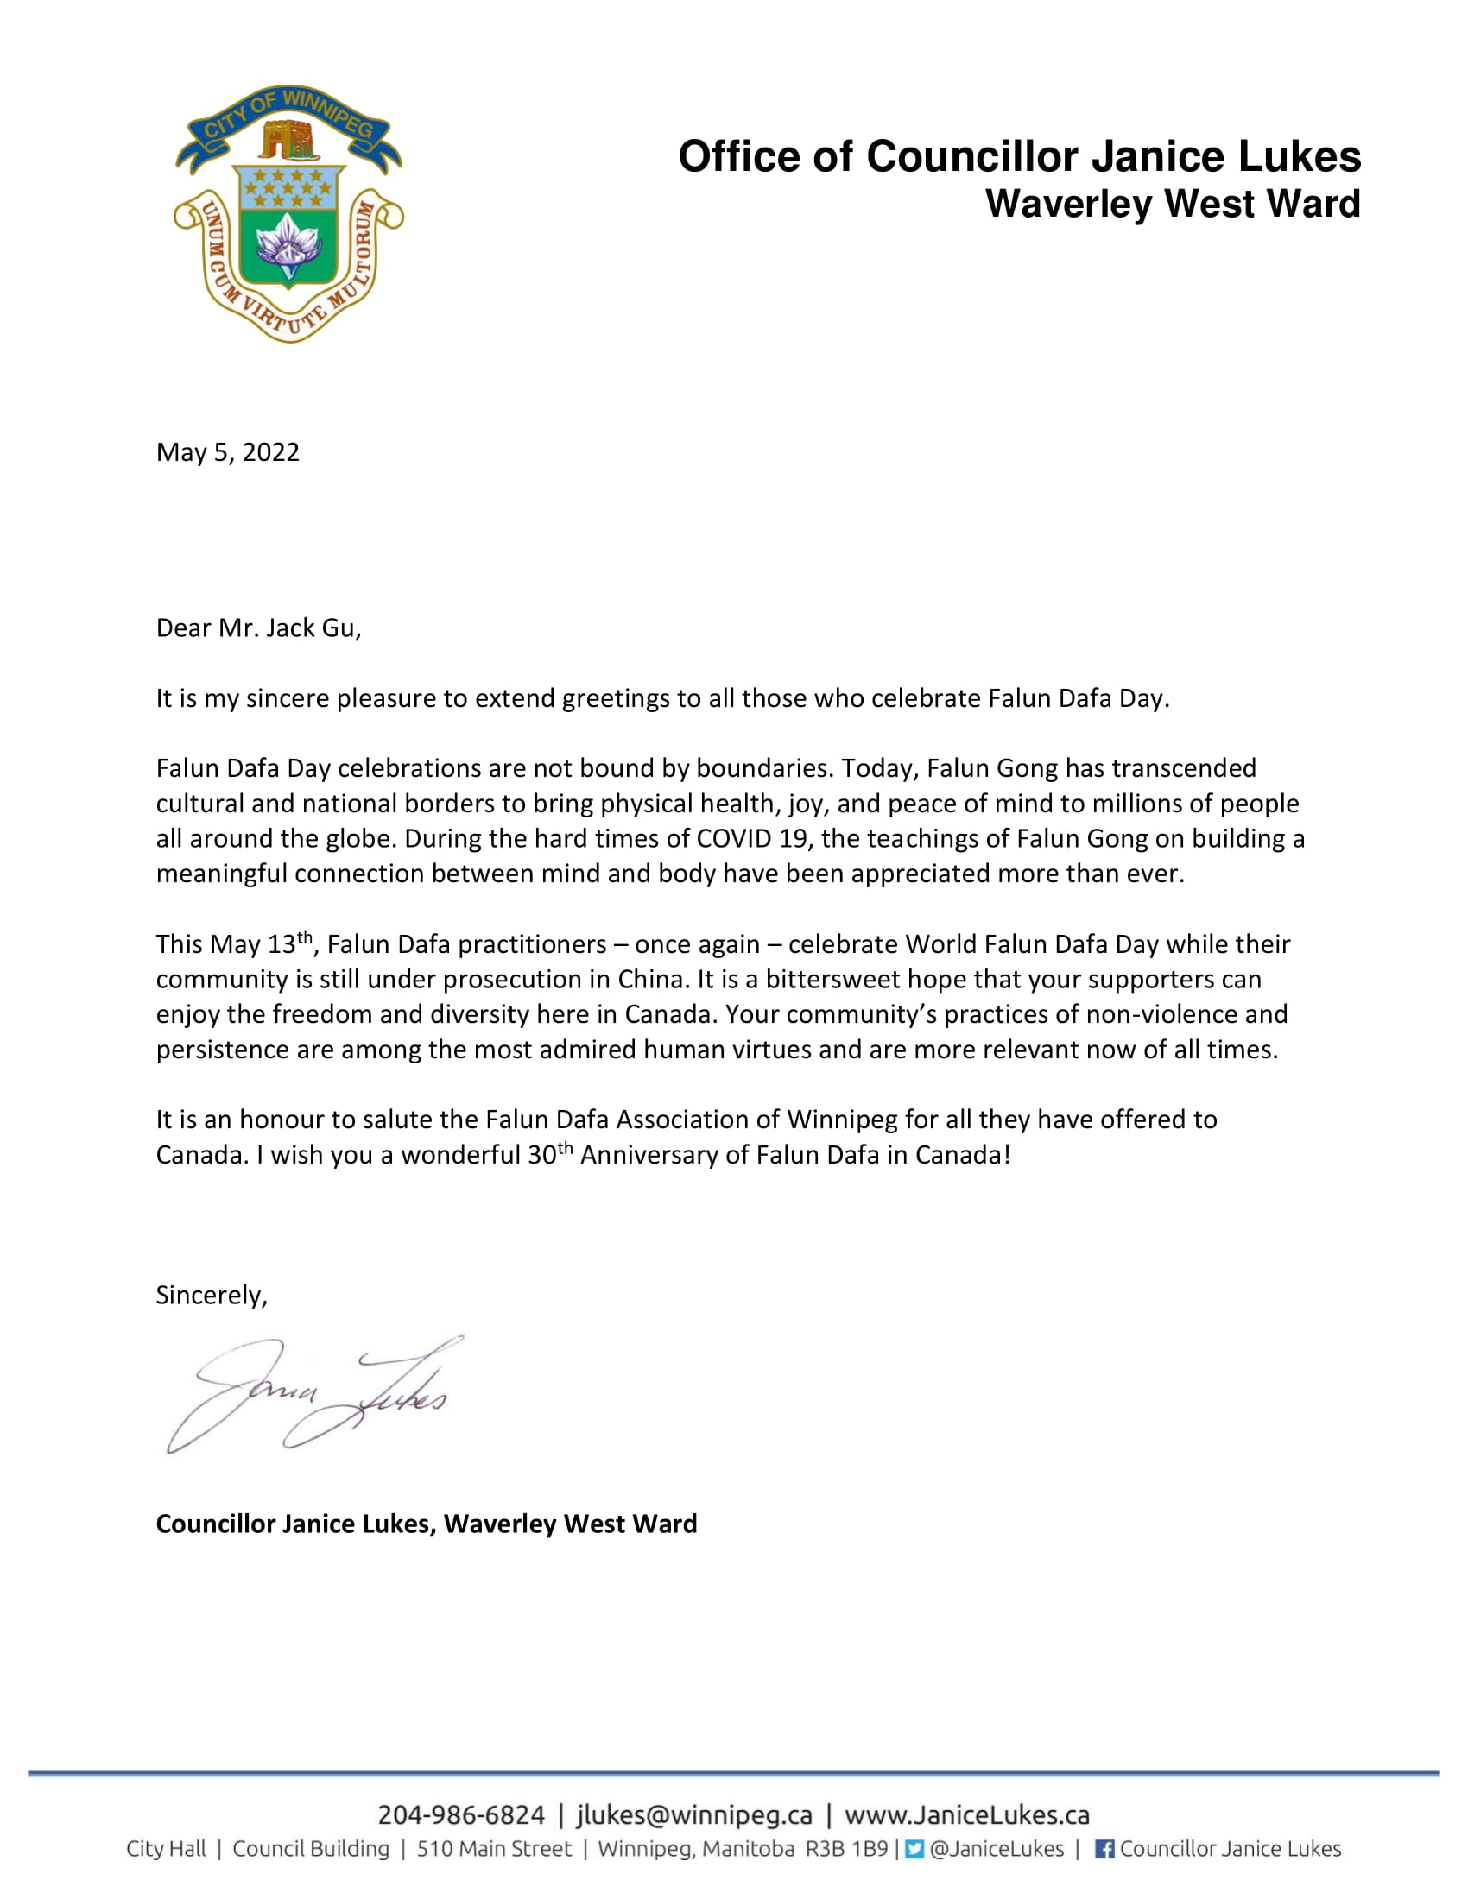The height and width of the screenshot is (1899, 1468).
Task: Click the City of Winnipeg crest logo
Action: coord(288,214)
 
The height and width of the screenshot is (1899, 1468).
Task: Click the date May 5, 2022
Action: coord(227,452)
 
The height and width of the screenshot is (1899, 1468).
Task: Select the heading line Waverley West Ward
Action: coord(1173,205)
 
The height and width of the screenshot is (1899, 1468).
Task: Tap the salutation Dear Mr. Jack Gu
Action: coord(257,628)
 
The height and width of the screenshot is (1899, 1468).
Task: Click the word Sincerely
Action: coord(212,1295)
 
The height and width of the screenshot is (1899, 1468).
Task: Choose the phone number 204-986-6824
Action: coord(460,1814)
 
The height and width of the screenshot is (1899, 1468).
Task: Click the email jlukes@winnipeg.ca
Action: coord(694,1814)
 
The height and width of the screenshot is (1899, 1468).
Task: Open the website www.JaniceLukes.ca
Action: coord(967,1814)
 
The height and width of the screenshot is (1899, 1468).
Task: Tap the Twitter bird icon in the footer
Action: coord(914,1850)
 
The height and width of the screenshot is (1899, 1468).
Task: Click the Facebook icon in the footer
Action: coord(1104,1850)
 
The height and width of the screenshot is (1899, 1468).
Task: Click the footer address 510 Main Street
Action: coord(494,1850)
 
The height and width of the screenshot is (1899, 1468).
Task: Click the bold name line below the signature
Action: coord(426,1524)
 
